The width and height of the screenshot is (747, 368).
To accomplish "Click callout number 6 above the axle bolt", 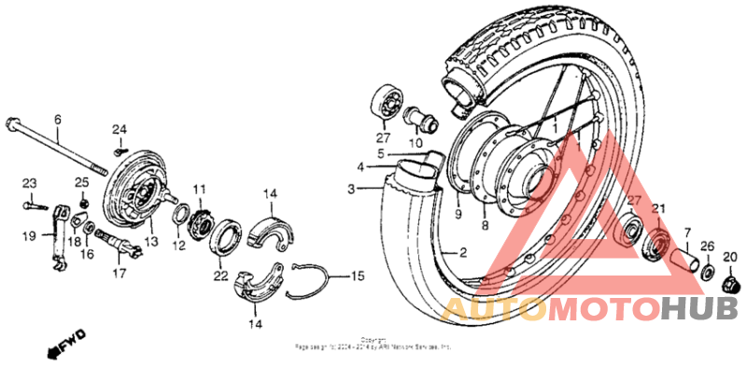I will (x=57, y=120).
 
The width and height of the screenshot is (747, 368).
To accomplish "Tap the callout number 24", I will (x=119, y=129).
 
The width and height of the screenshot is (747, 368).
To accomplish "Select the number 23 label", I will (x=29, y=182).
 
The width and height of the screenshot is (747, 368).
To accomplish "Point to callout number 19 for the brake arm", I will (x=29, y=236).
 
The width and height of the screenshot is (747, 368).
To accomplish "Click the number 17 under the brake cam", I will (x=119, y=274).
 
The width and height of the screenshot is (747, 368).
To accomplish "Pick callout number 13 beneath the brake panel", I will (x=151, y=241).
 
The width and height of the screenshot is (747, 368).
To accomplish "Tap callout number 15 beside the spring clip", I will (x=358, y=276).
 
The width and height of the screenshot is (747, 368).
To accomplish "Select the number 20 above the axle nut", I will (x=730, y=256).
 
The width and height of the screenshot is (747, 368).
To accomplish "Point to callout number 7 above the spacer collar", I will (x=687, y=232).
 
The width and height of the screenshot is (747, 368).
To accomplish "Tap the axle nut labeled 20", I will (x=731, y=281).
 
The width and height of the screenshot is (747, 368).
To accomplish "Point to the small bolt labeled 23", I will (x=32, y=201).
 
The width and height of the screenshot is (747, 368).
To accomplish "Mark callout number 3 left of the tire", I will (x=351, y=189).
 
